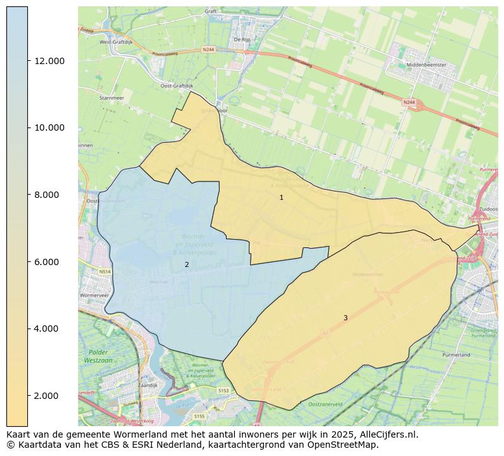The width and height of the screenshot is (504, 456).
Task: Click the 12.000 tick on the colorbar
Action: tap(49, 61)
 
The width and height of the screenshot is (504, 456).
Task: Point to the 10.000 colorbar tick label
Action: tap(49, 127)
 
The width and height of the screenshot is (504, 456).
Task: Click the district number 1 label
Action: tap(281, 198)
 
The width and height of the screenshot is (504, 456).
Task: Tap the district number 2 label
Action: tap(187, 264)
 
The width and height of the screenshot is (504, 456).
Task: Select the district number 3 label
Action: tap(345, 318)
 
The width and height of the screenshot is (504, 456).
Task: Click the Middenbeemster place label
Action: tap(427, 65)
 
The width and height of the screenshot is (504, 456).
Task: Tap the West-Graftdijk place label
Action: tap(116, 42)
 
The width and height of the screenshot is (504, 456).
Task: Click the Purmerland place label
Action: tap(456, 355)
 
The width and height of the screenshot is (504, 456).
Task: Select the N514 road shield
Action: tap(105, 271)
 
